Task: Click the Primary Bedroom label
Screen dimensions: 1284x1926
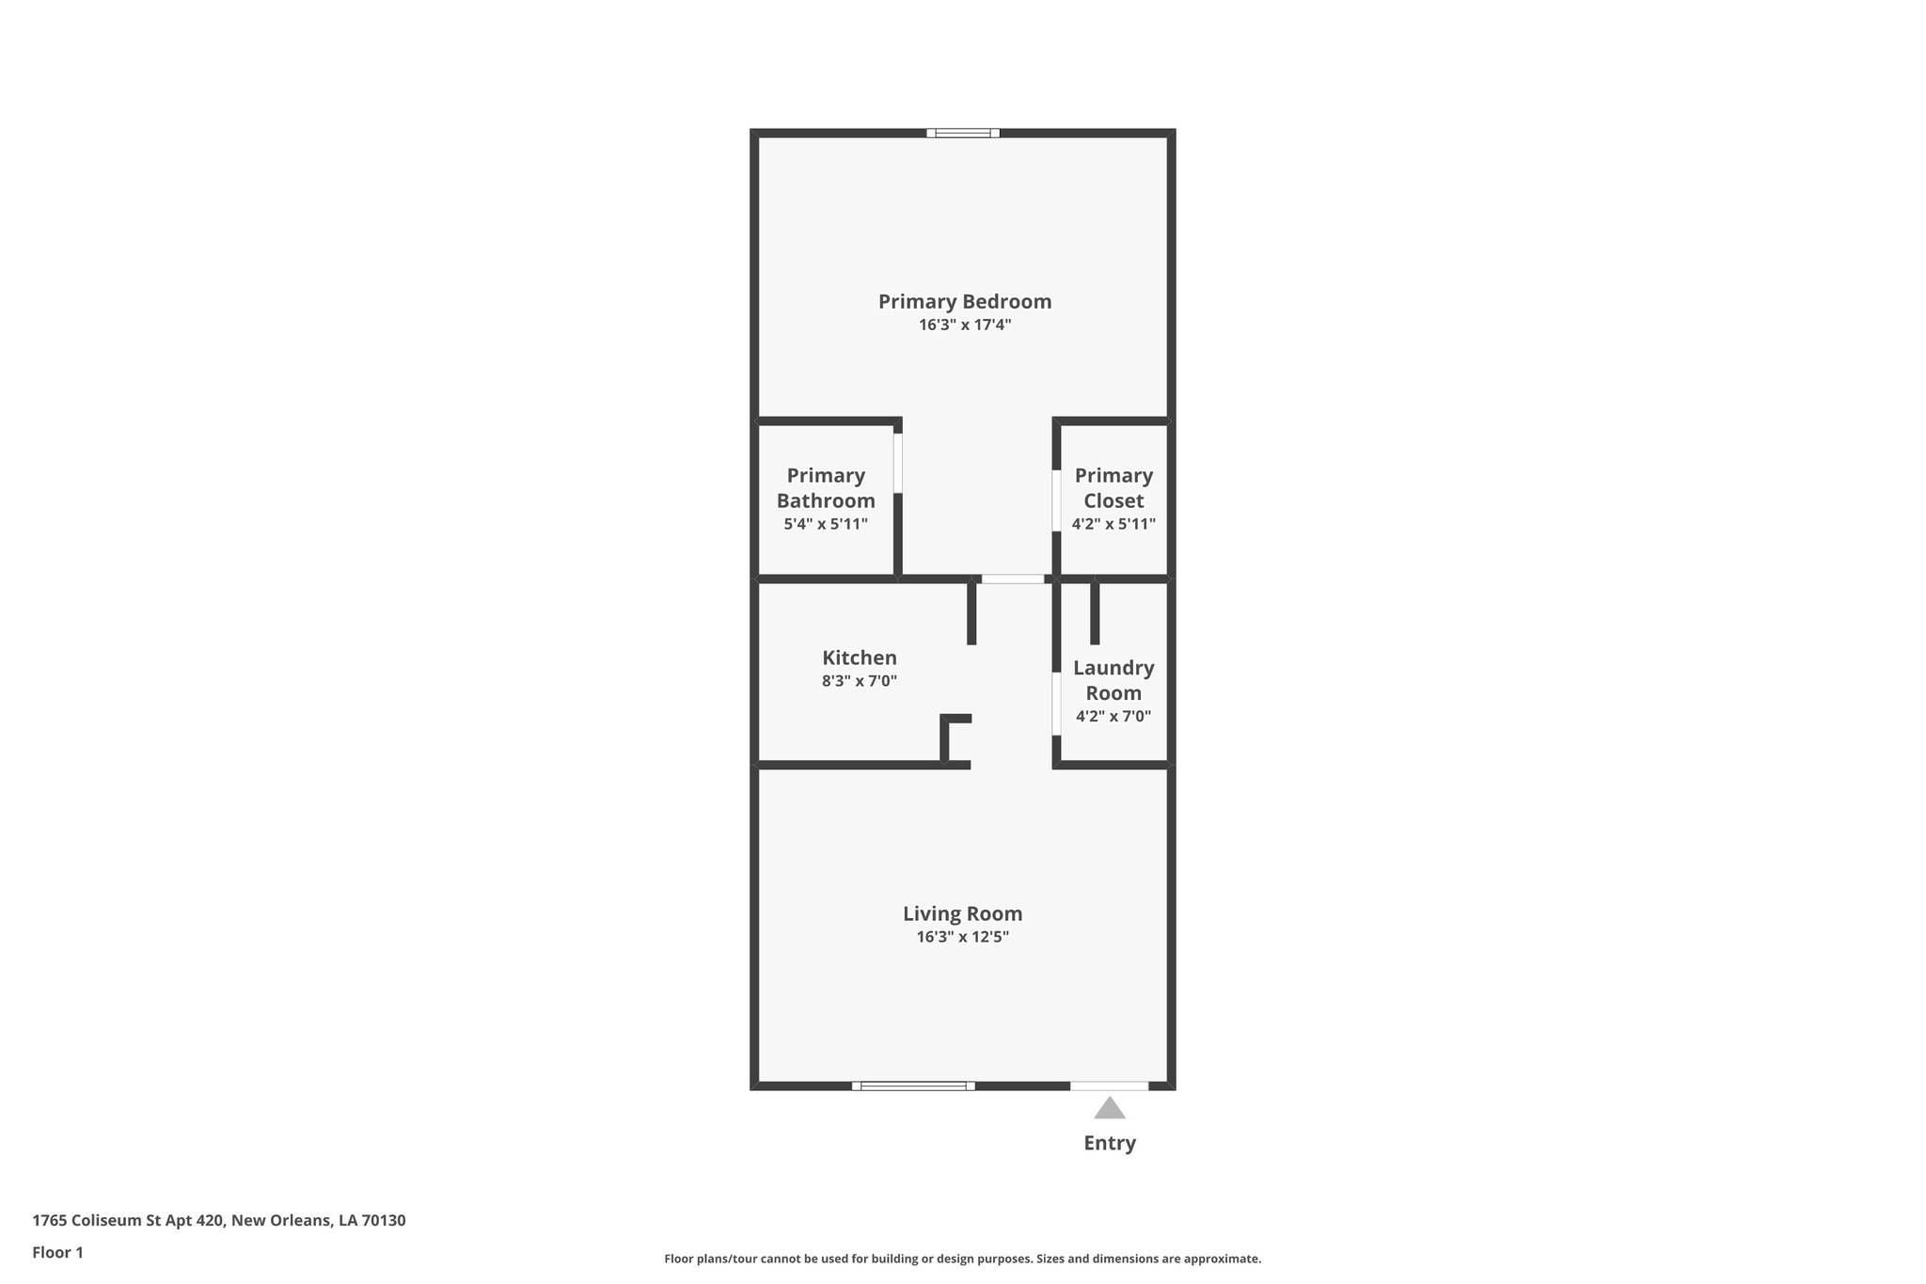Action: [x=964, y=302]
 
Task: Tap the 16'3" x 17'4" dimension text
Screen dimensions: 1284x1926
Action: [x=964, y=325]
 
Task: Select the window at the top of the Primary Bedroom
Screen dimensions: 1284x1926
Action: [x=963, y=133]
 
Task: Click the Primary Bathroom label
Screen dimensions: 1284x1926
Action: [x=826, y=488]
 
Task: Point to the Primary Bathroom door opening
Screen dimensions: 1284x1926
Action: [x=898, y=463]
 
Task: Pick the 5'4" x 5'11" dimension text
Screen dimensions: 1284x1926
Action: [x=826, y=524]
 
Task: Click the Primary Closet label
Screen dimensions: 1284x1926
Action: [x=1113, y=488]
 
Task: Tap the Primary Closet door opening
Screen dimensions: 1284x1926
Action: [x=1056, y=500]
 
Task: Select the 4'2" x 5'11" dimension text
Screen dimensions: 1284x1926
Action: [x=1113, y=524]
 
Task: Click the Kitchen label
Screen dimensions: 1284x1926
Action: [x=860, y=658]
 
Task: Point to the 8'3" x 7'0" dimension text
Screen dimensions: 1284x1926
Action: [x=860, y=681]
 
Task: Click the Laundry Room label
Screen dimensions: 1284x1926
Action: [x=1113, y=680]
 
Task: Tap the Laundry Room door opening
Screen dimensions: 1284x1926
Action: [x=1056, y=704]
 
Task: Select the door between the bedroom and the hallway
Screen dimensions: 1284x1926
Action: [x=1013, y=579]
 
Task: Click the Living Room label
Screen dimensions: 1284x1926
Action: [x=962, y=913]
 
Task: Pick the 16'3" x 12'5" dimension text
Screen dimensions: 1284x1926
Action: [x=962, y=937]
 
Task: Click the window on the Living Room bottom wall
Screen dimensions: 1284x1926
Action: [x=913, y=1086]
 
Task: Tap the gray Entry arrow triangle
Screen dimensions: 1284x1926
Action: [x=1110, y=1109]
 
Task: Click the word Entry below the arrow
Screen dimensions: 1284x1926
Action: [x=1110, y=1143]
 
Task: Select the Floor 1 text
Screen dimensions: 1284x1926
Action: [x=57, y=1252]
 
